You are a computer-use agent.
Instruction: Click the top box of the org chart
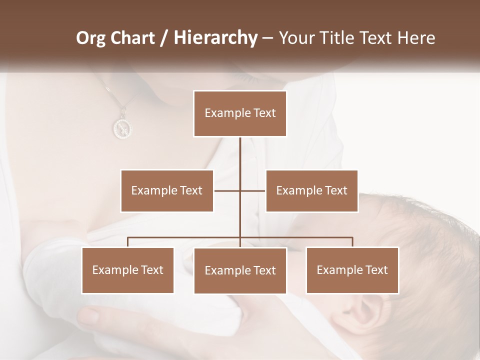pos(240,113)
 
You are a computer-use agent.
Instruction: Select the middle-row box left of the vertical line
pos(167,190)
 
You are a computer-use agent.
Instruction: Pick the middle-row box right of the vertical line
pos(311,190)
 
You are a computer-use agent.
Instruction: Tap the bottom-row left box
pos(127,270)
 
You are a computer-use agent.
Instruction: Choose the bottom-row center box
pos(240,270)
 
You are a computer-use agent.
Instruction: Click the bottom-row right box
pos(352,270)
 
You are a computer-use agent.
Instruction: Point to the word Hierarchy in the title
pos(215,38)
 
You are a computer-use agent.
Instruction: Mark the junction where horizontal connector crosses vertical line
pos(240,190)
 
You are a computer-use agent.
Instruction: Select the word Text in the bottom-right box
pos(376,270)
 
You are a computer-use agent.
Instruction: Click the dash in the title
pos(267,38)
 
